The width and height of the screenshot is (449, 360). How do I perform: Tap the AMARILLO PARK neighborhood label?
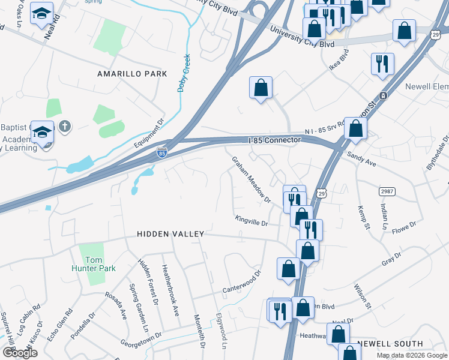coord(132,74)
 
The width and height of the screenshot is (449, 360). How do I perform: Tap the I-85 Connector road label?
coord(274,140)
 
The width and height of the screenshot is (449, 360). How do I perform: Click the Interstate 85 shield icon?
coord(161,153)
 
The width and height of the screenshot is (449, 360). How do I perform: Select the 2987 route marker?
coord(388,191)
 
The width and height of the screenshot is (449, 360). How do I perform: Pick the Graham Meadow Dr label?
coord(251,179)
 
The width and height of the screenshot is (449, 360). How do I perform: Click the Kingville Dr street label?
coord(251,221)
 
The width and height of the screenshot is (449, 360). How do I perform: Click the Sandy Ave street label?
coord(361,159)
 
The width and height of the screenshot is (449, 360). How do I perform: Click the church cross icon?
coord(65,127)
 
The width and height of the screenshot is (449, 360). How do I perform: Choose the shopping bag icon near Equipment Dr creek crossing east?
coord(261,88)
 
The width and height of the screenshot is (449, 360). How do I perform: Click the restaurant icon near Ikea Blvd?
coord(382,63)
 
